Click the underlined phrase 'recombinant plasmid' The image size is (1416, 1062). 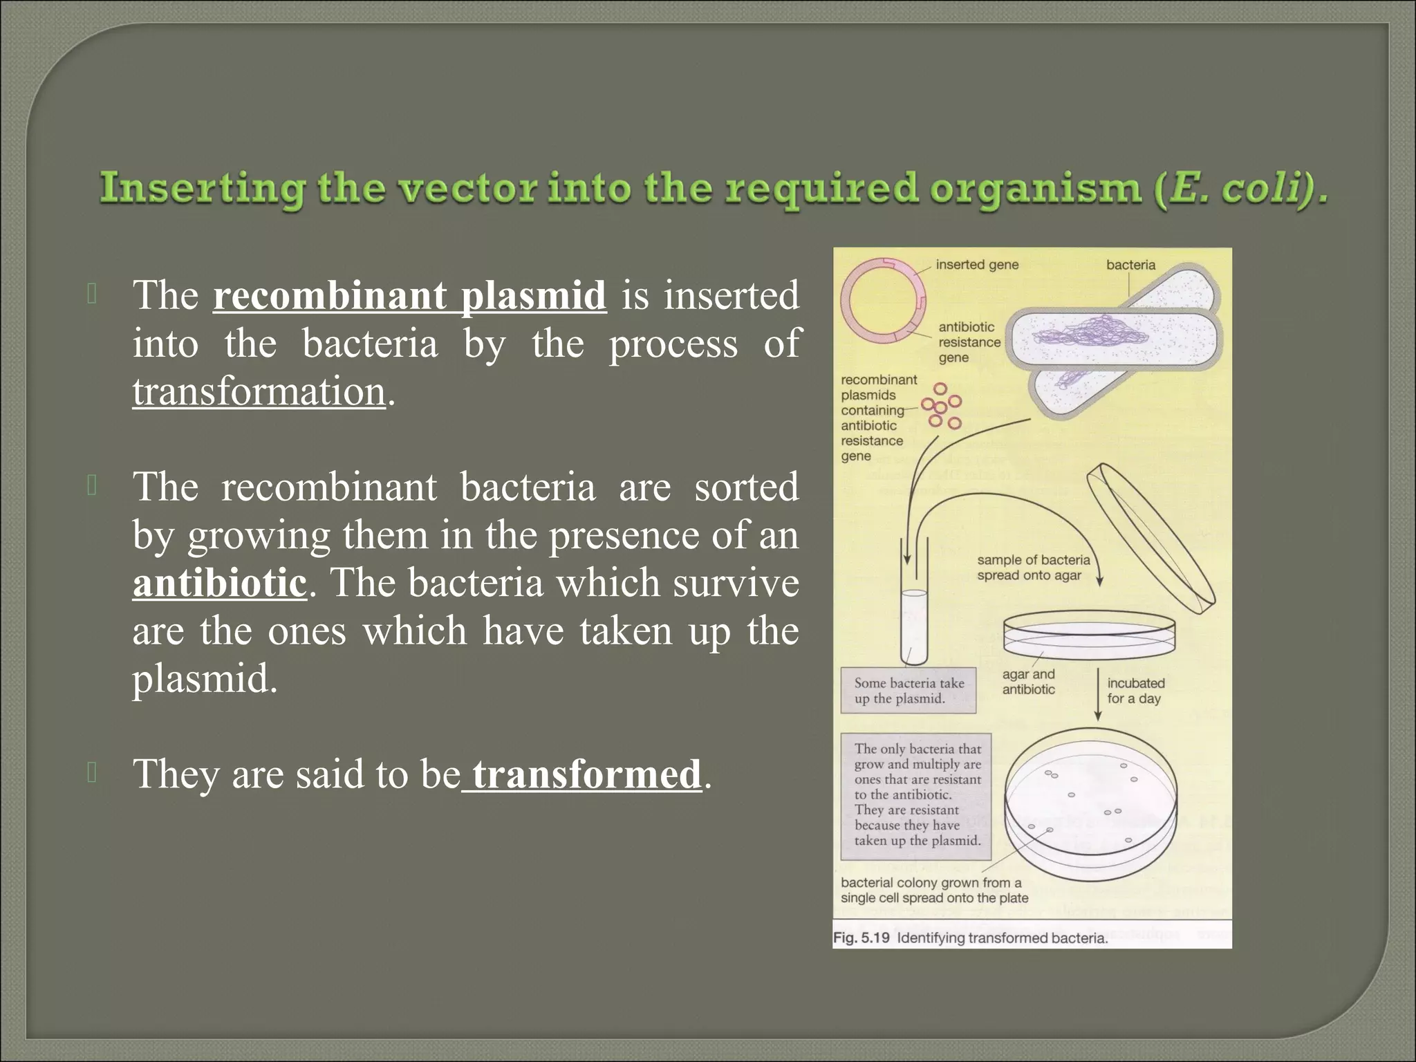coord(409,296)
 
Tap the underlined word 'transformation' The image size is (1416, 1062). coord(259,392)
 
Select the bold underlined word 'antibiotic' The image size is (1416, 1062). coord(219,583)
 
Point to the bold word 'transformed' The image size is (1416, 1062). coord(586,774)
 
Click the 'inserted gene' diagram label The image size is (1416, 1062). coord(976,265)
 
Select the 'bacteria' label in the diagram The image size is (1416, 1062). coord(1130,265)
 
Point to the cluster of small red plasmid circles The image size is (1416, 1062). coord(942,406)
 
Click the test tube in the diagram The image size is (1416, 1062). coord(914,626)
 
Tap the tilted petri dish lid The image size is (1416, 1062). coord(1150,539)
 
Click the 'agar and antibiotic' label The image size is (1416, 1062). coord(1028,682)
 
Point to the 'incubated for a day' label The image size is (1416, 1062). coord(1135,691)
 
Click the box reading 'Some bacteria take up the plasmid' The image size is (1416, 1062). coord(908,691)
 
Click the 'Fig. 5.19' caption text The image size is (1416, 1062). coord(969,938)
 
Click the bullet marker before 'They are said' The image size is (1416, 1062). coord(93,772)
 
